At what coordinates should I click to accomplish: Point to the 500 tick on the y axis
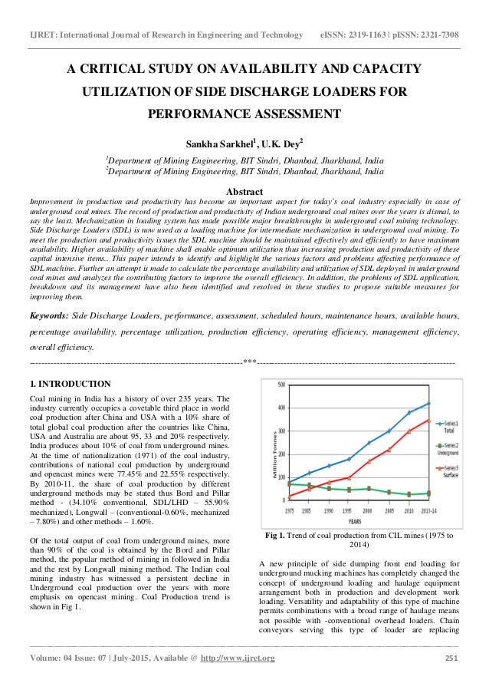pos(281,384)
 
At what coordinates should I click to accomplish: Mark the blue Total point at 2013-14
pos(428,404)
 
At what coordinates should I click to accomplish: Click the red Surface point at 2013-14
pos(428,420)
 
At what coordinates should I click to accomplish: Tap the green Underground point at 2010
pos(409,494)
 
